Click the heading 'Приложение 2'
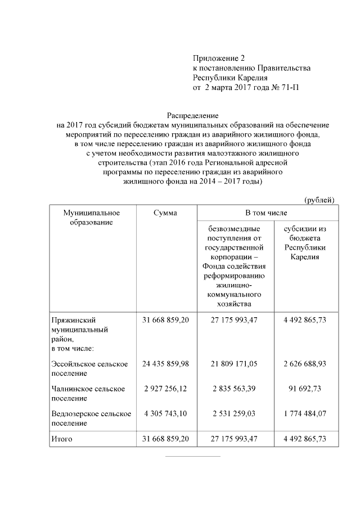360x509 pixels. point(219,58)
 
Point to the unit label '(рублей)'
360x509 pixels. point(319,200)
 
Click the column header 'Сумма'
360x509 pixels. point(165,213)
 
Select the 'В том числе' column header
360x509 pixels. point(266,213)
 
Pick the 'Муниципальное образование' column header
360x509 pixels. point(92,217)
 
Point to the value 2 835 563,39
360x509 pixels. point(235,389)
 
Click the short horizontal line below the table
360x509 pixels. point(192,456)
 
